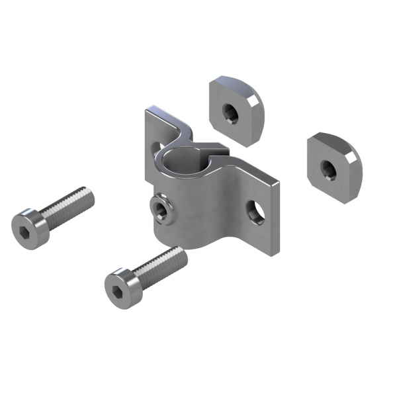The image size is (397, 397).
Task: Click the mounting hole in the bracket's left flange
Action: (157, 146)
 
